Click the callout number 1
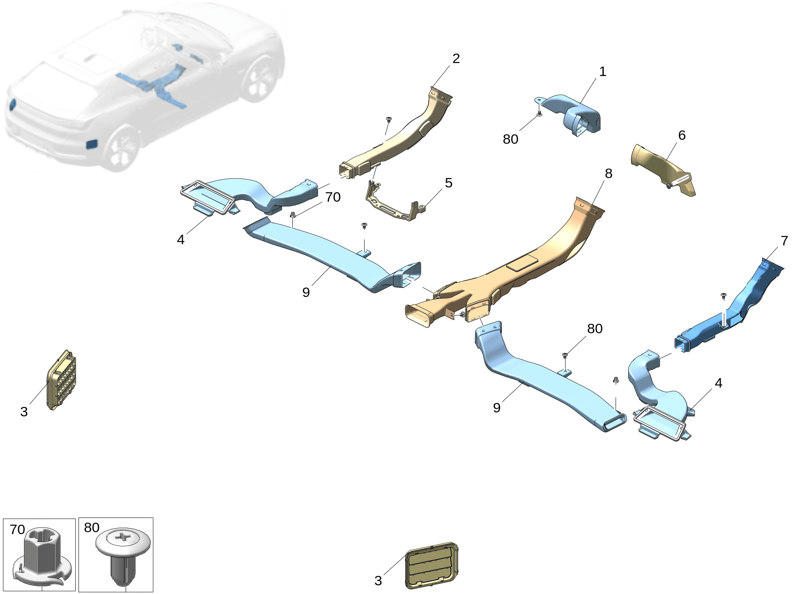pos(602,72)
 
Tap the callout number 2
pos(456,59)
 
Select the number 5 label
pos(448,183)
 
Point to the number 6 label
pos(682,136)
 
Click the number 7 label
pos(784,241)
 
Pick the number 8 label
pos(608,173)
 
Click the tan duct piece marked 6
pos(662,169)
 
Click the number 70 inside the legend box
pos(17,529)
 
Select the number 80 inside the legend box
pos(92,527)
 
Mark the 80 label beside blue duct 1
pos(510,139)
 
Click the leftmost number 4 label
pos(180,239)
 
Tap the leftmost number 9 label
pos(306,292)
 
